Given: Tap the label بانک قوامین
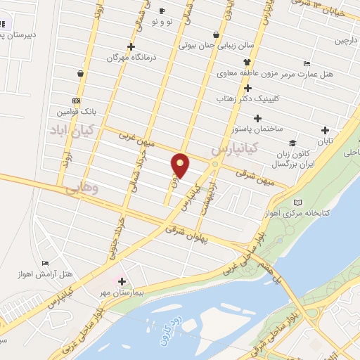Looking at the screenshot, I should point(74,112).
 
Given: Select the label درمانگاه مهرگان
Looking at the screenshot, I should point(129,57).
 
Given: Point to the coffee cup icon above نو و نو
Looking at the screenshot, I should point(162,11).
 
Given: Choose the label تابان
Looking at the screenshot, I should point(324,141).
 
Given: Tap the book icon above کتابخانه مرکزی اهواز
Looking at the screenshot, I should point(303,202).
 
